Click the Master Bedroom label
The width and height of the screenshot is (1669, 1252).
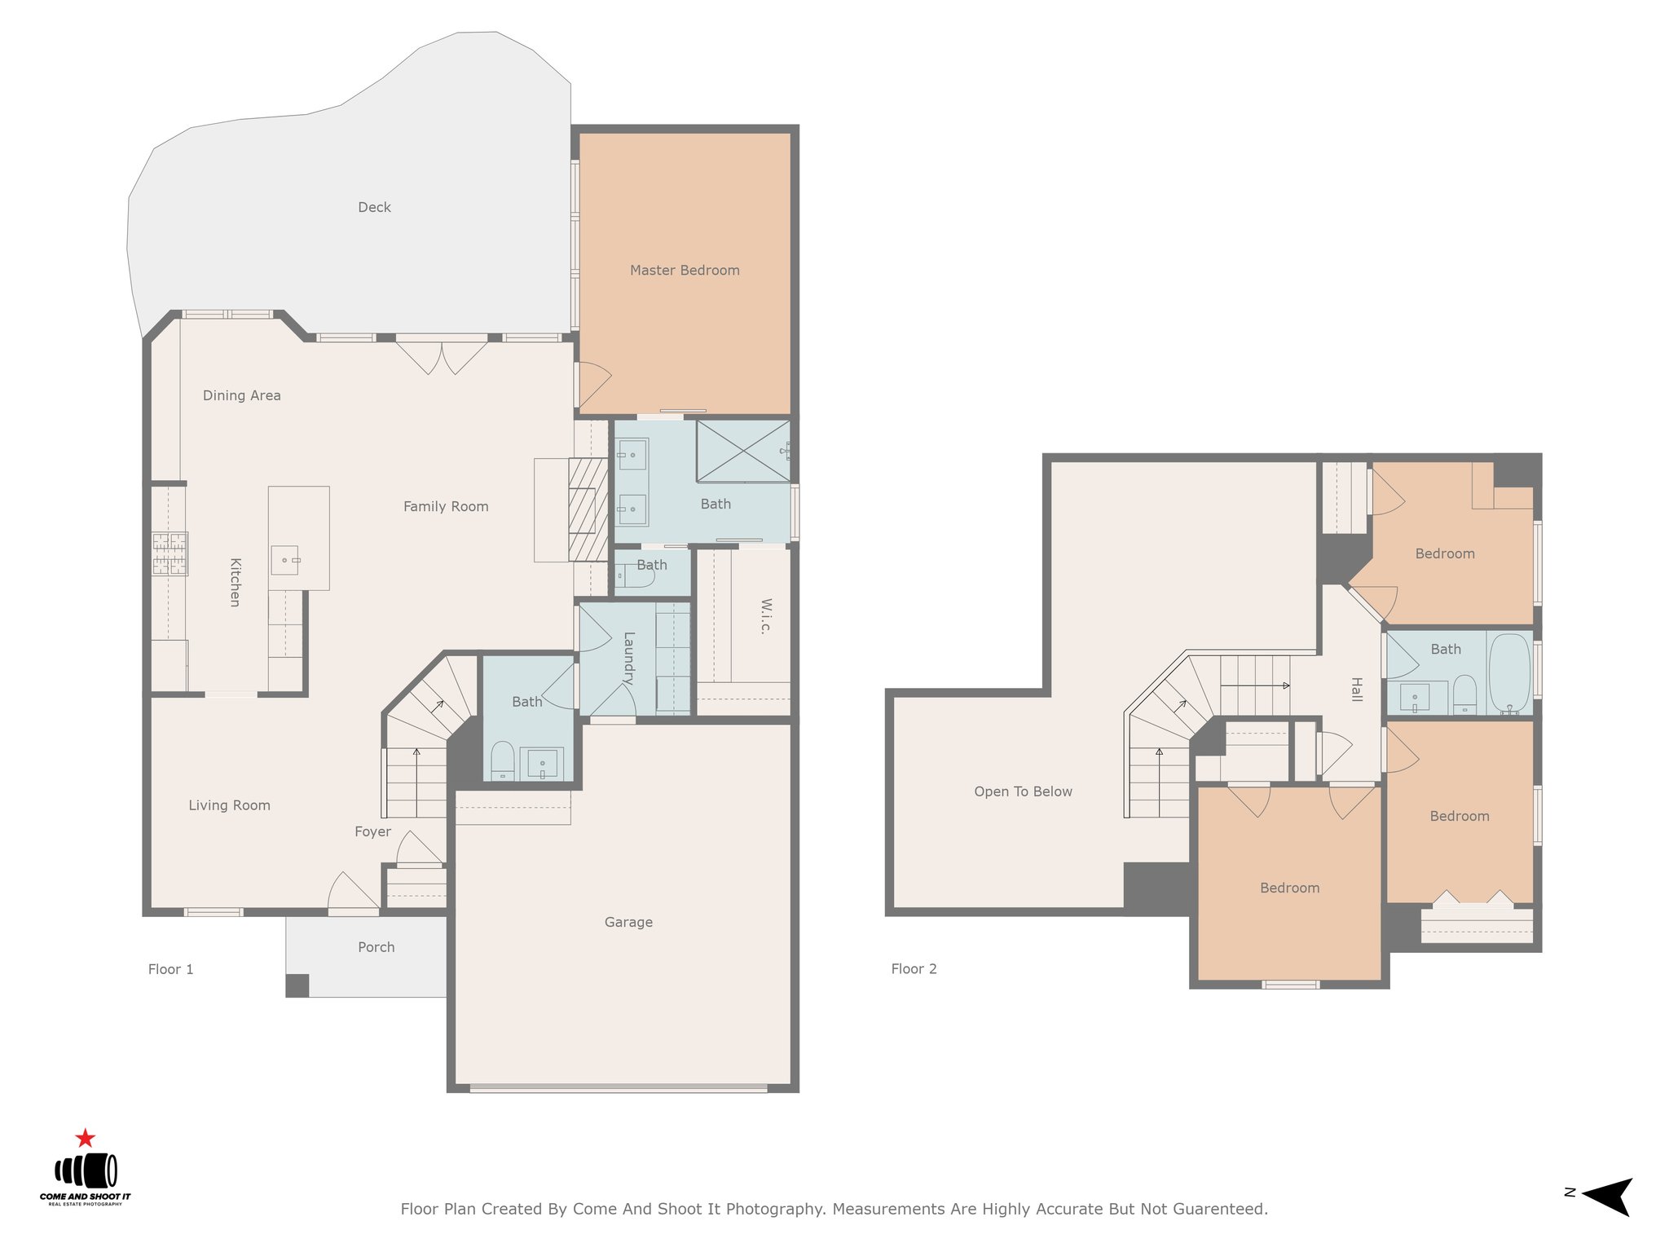click(685, 271)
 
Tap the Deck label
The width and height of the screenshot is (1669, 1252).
click(374, 207)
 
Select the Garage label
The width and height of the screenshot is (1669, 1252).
click(628, 922)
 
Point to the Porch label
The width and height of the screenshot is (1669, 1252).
click(376, 947)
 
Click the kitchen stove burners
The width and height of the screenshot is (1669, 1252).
click(170, 554)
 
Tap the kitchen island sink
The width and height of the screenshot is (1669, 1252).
click(285, 560)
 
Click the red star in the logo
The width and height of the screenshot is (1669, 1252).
click(85, 1138)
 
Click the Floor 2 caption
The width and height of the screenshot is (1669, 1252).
click(914, 968)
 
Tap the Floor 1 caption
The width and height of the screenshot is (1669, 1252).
click(170, 969)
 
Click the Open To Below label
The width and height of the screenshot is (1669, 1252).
click(1023, 791)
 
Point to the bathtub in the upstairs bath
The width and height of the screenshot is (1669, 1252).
click(1509, 674)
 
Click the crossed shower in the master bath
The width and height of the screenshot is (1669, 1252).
click(743, 451)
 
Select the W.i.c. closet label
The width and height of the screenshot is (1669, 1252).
click(765, 615)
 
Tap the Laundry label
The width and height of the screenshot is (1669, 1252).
click(628, 658)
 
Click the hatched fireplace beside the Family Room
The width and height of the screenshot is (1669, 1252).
click(588, 509)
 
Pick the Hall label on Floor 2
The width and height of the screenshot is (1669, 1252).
click(1356, 689)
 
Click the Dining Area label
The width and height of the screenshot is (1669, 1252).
click(241, 395)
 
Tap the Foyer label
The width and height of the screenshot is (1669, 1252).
click(372, 831)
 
